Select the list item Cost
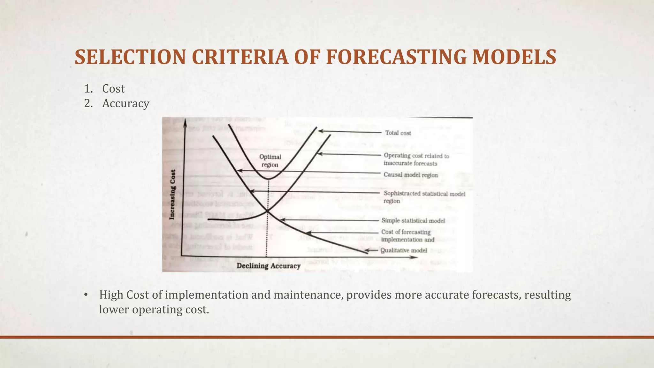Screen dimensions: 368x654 tap(113, 89)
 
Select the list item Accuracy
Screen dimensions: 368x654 tap(125, 103)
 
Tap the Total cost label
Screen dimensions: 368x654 tap(398, 133)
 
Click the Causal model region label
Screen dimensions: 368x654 tap(411, 175)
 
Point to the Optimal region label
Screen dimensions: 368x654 tap(270, 161)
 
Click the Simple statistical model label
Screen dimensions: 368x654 tap(413, 221)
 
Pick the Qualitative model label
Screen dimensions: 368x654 tap(404, 250)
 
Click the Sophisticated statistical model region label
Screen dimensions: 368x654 tap(424, 197)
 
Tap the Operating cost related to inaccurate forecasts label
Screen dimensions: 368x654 tap(416, 159)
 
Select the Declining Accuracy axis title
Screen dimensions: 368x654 tap(268, 266)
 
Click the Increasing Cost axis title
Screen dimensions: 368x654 tap(172, 195)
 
